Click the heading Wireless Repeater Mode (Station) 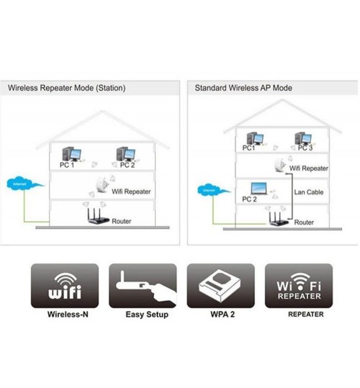coord(66,88)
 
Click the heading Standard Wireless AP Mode coord(243,88)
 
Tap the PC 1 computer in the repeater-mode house coord(72,154)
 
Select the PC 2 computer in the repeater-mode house coord(126,154)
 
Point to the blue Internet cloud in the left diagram coord(24,184)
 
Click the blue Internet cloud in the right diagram coord(213,190)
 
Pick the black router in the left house coord(98,217)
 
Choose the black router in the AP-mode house coord(279,219)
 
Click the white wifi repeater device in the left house coord(102,184)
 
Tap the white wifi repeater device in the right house coord(280,164)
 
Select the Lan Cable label coord(309,192)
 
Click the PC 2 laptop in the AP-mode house coord(258,189)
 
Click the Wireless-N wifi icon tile coord(65,286)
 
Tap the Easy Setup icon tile coord(143,286)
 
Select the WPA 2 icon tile coord(221,286)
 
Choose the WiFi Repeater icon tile coord(299,286)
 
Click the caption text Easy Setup coord(147,315)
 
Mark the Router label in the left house coord(122,221)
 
